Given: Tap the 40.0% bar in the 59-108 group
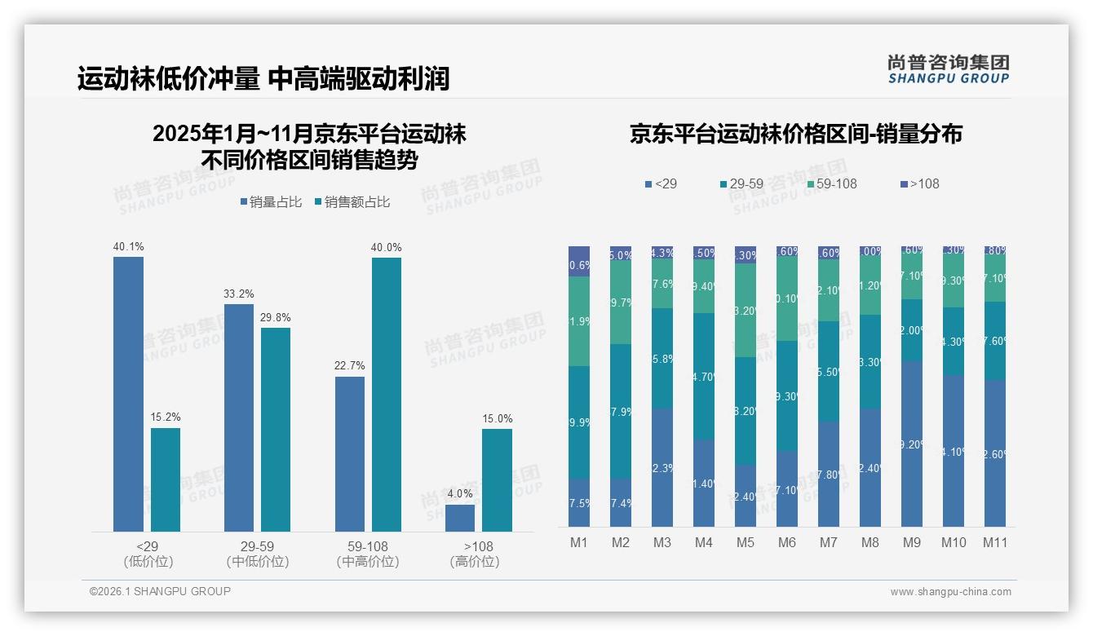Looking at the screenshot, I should click(387, 395).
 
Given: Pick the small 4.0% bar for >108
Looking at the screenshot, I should click(460, 518).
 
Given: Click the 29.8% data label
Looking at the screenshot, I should click(276, 318).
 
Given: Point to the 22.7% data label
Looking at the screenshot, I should click(349, 366).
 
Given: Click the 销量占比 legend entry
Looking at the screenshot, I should click(274, 202).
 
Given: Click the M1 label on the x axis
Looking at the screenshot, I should click(579, 542).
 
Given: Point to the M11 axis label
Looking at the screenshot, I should click(994, 542).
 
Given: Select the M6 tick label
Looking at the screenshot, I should click(787, 542).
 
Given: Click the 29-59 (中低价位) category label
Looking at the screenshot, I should click(257, 554).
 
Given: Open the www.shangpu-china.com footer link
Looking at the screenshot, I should click(950, 592).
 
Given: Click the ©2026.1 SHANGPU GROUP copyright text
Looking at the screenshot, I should click(160, 591).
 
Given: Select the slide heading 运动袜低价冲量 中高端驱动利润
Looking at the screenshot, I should click(263, 79).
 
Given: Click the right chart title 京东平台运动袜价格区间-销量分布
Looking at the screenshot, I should click(795, 135).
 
